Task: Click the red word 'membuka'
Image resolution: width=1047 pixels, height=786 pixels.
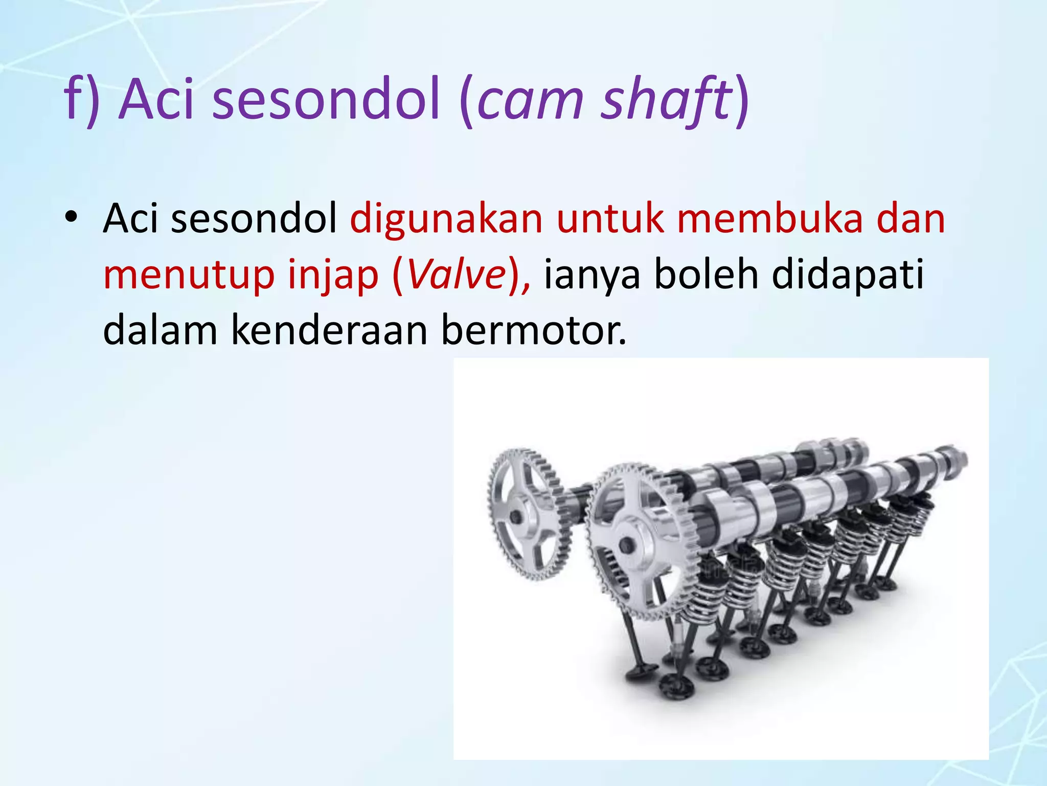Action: coord(769,219)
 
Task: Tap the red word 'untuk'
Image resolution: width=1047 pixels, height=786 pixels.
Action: coord(610,219)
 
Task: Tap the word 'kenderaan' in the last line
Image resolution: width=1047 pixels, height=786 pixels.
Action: coord(329,331)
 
